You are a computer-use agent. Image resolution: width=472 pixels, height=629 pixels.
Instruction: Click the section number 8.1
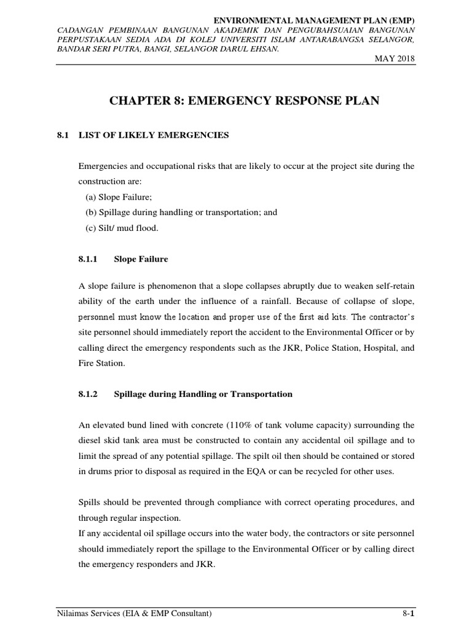click(x=61, y=134)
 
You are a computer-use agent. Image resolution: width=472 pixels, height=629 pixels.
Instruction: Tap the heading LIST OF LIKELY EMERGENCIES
click(x=154, y=134)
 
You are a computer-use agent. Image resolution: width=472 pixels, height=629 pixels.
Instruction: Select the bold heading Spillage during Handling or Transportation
click(x=203, y=394)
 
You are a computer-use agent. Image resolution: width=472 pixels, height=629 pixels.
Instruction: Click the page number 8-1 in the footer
click(x=407, y=614)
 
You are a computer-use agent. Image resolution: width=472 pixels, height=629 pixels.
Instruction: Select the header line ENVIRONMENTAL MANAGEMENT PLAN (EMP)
click(x=313, y=21)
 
